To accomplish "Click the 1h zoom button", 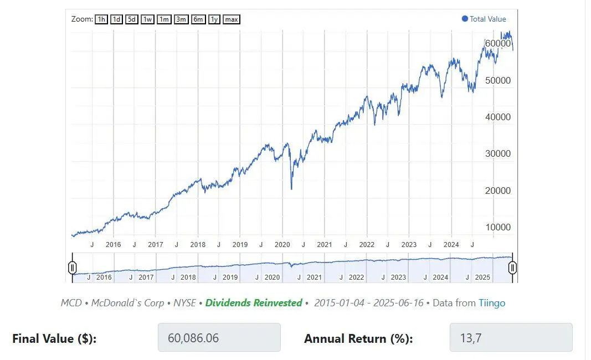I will [101, 19].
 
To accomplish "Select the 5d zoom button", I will [131, 19].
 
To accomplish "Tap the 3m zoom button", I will [181, 19].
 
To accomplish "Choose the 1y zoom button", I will [214, 19].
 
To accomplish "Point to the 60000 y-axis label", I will [497, 43].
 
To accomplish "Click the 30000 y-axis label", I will [497, 153].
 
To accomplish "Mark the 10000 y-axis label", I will [497, 227].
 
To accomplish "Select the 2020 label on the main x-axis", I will [282, 244].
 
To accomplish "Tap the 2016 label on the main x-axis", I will [113, 244].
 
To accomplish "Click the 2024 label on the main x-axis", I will [451, 244].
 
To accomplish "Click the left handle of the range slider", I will [72, 268].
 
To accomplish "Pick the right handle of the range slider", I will [513, 268].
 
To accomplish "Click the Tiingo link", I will [492, 303].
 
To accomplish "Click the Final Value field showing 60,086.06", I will [219, 337].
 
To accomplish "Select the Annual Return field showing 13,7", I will [511, 337].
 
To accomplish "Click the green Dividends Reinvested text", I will [254, 303].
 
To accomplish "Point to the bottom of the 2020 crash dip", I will [291, 189].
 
